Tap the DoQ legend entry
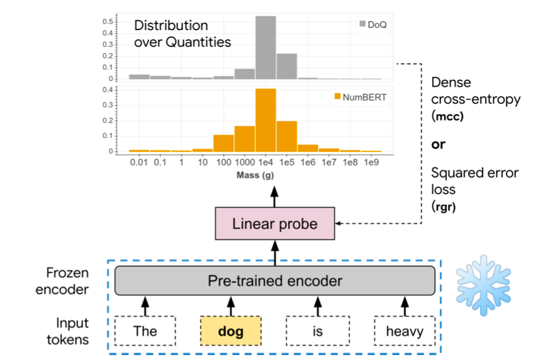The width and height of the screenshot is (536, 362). point(372,25)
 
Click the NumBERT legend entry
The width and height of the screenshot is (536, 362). point(359,97)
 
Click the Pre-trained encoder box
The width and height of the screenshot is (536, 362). point(275,281)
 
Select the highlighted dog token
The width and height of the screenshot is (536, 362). point(230,331)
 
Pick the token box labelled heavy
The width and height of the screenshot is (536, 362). point(405,331)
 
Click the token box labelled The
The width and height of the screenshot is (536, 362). point(145,331)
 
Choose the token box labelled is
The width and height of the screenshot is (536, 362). point(317,331)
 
